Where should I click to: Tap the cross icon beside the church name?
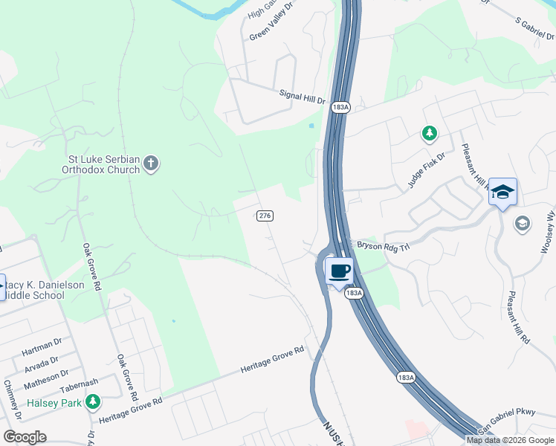click(x=151, y=164)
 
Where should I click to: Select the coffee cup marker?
click(x=339, y=271)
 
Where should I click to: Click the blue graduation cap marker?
click(x=502, y=193)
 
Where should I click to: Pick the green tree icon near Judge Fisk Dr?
click(x=429, y=134)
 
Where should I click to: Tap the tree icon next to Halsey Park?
click(x=92, y=403)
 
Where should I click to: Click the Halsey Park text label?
click(x=54, y=403)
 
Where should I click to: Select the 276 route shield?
click(x=265, y=216)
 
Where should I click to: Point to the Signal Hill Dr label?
click(x=303, y=96)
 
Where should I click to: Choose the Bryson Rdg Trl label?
click(x=384, y=245)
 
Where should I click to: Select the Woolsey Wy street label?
click(x=548, y=233)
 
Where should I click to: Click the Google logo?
click(x=25, y=437)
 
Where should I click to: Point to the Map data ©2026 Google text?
click(x=510, y=440)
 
